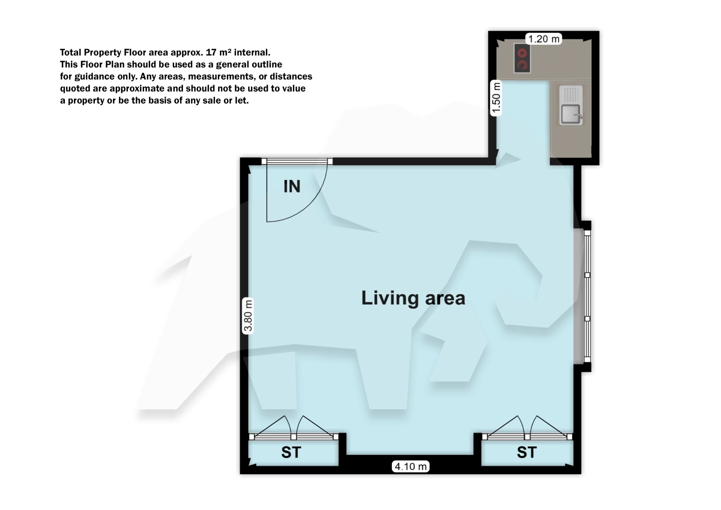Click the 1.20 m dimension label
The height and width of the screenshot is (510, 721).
point(544,39)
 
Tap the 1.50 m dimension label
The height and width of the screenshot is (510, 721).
point(496,98)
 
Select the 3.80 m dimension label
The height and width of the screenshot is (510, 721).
point(248,316)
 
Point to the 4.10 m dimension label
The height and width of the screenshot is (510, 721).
point(410,466)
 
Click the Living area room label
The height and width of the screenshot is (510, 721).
point(413,298)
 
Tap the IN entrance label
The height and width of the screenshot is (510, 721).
point(292,186)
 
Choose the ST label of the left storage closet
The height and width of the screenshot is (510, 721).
point(291,452)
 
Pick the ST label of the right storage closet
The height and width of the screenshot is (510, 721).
point(526,452)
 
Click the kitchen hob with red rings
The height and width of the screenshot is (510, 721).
point(522,58)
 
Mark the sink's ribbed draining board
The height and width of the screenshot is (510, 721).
point(570,94)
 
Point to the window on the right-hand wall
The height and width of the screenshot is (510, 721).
point(587,296)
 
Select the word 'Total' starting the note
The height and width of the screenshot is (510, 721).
point(71,52)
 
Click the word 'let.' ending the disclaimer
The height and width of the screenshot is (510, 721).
point(242,100)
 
